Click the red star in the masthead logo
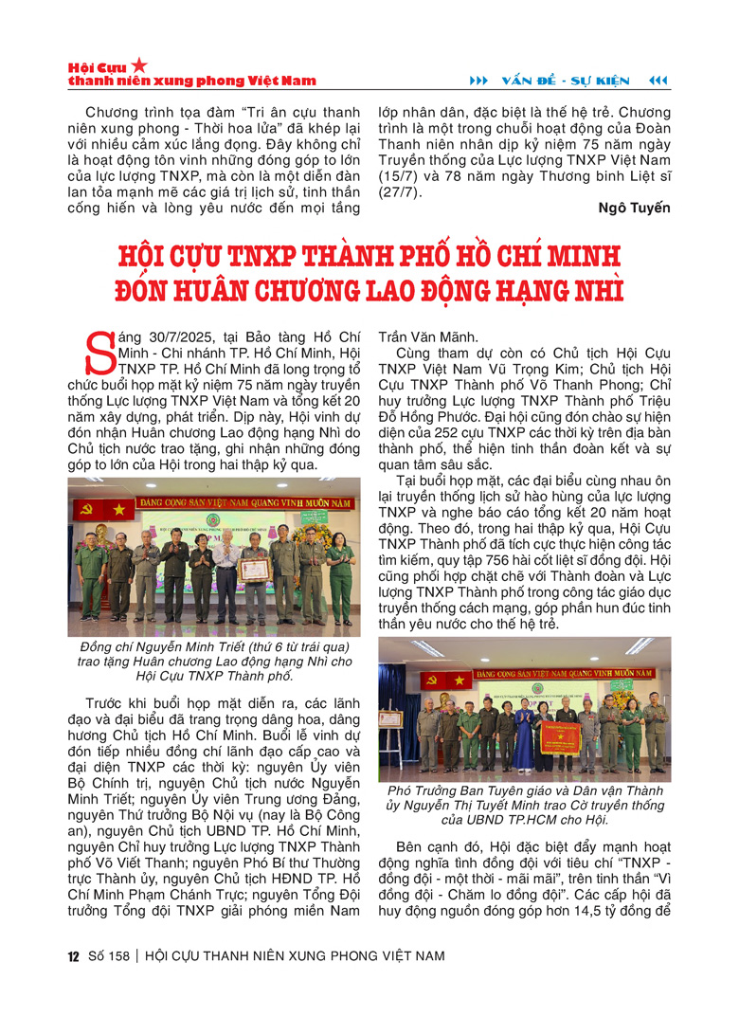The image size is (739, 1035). (x=139, y=65)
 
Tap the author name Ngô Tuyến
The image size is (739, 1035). (x=637, y=208)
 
